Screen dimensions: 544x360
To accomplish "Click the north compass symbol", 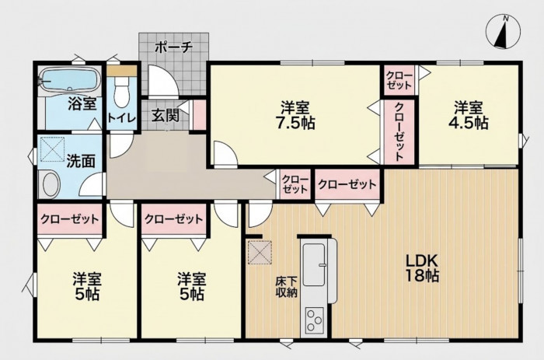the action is pyautogui.click(x=504, y=32).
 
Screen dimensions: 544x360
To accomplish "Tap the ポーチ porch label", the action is pyautogui.click(x=173, y=47).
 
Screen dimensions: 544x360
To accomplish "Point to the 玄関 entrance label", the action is pyautogui.click(x=165, y=116).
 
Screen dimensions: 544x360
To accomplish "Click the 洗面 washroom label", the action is pyautogui.click(x=81, y=161).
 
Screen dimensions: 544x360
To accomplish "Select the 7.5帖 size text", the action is pyautogui.click(x=295, y=123).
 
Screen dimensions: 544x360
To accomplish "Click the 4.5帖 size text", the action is pyautogui.click(x=469, y=123).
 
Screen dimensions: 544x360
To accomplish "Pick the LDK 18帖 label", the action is pyautogui.click(x=423, y=268).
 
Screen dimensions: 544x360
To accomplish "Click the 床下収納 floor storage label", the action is pyautogui.click(x=287, y=287).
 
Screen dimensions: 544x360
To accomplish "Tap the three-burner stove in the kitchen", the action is pyautogui.click(x=314, y=320).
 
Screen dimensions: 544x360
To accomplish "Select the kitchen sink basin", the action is pyautogui.click(x=314, y=264).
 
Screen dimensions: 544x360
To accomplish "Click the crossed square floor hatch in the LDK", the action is pyautogui.click(x=260, y=253).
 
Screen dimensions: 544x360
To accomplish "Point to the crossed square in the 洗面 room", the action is pyautogui.click(x=53, y=149).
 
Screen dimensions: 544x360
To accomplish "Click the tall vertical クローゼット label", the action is pyautogui.click(x=399, y=131).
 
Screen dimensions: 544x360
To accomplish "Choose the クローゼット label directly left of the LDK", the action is pyautogui.click(x=347, y=184).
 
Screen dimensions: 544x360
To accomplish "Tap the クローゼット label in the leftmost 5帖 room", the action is pyautogui.click(x=70, y=219).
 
